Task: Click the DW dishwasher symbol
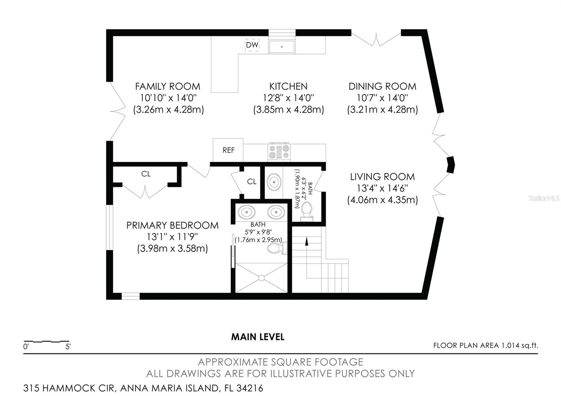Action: coord(252,45)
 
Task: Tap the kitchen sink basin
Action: coord(282,47)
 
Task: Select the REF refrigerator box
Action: coord(228,150)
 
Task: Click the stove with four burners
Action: coord(279,152)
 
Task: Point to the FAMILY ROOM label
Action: coord(168,87)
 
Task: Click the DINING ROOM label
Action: coord(383,87)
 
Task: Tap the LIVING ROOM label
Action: coord(383,177)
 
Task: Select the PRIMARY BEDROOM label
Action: coord(172,226)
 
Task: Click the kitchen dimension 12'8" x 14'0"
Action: coord(288,98)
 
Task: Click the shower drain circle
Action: coord(261,278)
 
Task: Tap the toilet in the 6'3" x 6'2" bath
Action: coord(307,212)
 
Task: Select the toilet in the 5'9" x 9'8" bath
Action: coord(277,248)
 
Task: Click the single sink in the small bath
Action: coord(274,182)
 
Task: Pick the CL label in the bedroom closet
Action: coord(146,174)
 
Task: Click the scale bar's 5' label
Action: coord(68,347)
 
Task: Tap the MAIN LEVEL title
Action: coord(258,337)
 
